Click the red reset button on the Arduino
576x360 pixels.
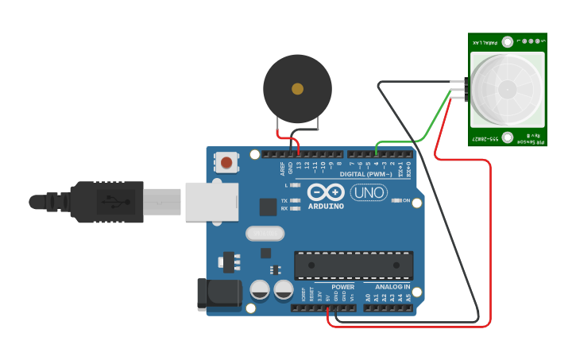point(226,163)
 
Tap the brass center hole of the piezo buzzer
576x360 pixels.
point(297,89)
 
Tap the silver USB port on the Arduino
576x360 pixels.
point(211,201)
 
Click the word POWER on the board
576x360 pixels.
point(342,287)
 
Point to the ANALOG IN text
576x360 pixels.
point(392,287)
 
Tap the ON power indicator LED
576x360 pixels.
point(395,201)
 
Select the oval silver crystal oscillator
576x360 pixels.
point(264,234)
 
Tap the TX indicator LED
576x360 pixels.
point(296,201)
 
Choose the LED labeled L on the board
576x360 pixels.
point(296,185)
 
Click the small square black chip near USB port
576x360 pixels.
point(268,207)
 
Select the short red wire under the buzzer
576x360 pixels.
point(287,134)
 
